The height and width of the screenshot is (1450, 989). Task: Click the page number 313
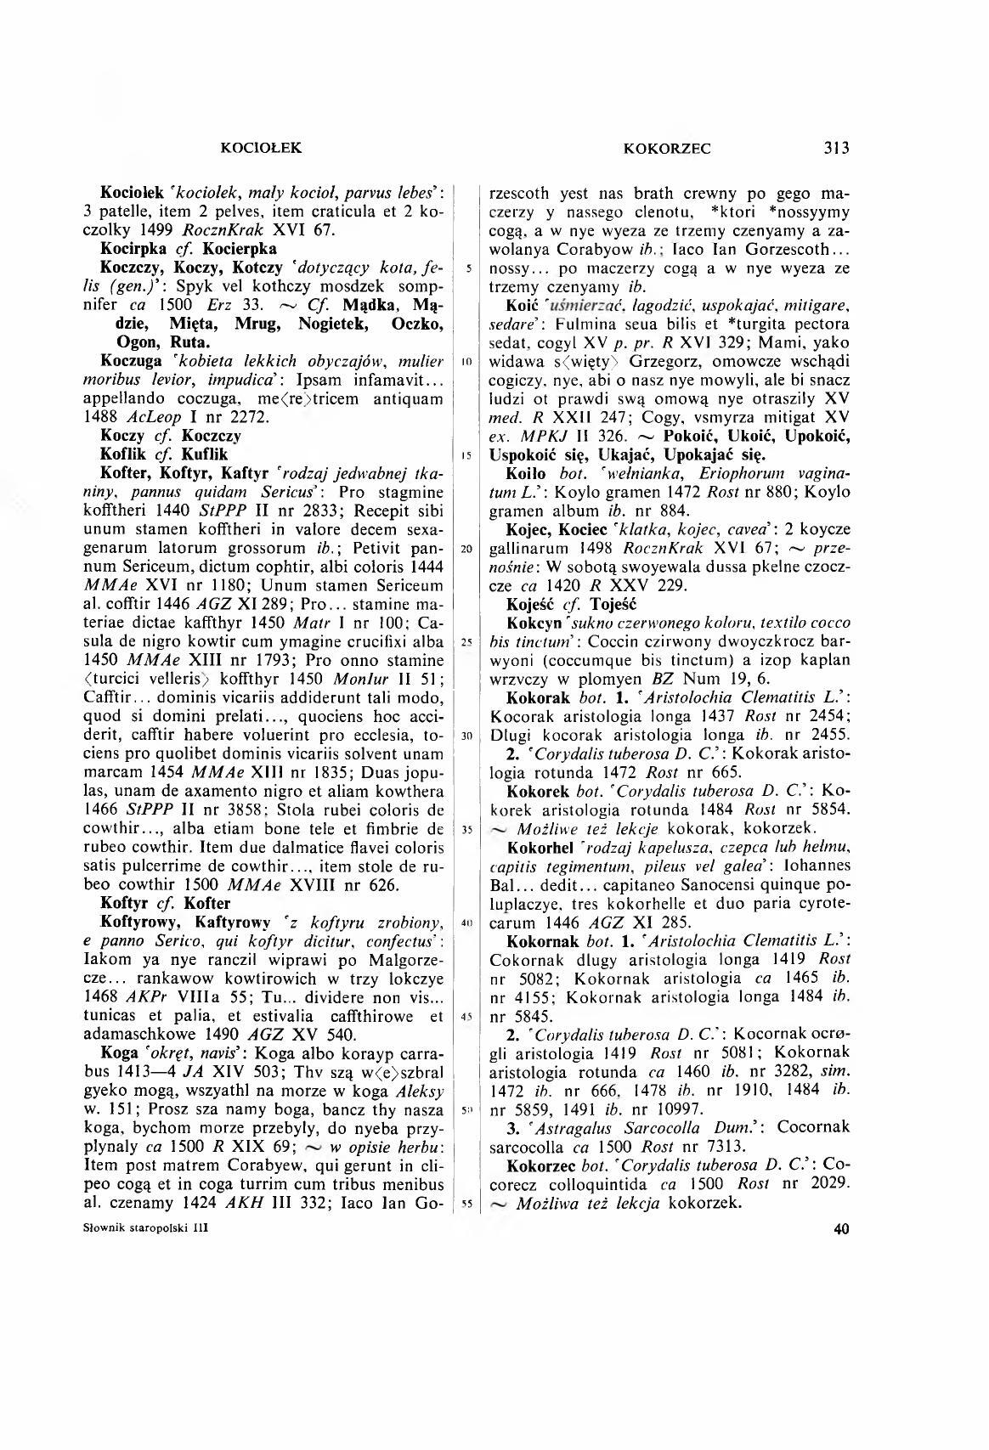836,148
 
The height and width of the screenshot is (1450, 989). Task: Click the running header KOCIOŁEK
262,148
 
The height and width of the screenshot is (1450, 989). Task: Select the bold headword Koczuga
132,361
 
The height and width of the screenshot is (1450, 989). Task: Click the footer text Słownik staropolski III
147,1228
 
